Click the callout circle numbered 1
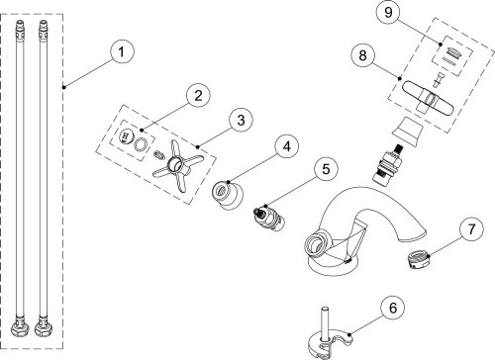coord(122,51)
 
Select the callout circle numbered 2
coord(198,96)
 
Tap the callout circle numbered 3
coord(241,120)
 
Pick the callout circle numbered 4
coord(287,145)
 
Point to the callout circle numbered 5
coord(326,169)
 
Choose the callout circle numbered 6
coord(393,308)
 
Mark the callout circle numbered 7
coord(471,228)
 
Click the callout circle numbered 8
coord(362,55)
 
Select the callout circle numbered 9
coord(388,12)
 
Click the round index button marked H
coord(126,136)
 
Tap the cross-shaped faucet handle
coord(177,165)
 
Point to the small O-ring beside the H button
coord(141,144)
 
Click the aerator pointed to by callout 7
coord(418,259)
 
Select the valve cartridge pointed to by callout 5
coord(268,217)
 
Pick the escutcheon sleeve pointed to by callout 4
coord(228,195)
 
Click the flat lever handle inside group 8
coord(428,98)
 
